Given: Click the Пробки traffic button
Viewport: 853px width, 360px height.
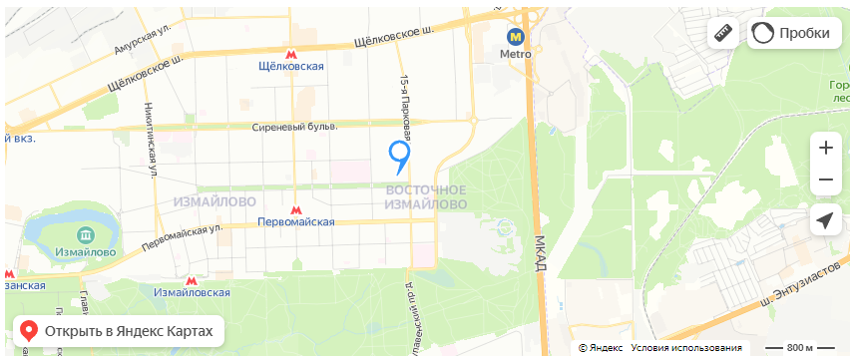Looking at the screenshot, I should click(790, 33).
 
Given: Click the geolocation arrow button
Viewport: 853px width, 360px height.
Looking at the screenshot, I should click(825, 220).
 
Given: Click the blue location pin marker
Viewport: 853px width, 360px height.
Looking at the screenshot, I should click(399, 155).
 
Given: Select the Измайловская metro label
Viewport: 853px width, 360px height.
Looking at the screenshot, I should click(192, 292).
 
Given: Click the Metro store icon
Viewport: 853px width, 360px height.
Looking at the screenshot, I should click(516, 35).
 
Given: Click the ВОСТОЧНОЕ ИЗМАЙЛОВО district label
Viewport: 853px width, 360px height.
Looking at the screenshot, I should click(426, 196).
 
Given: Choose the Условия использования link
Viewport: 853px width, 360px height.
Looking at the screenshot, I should click(686, 348).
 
